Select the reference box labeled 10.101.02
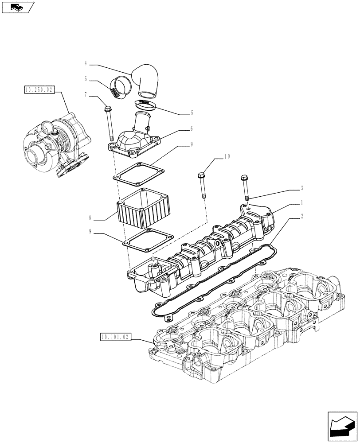115,337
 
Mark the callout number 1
301,202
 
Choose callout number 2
301,217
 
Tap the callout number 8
91,218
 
